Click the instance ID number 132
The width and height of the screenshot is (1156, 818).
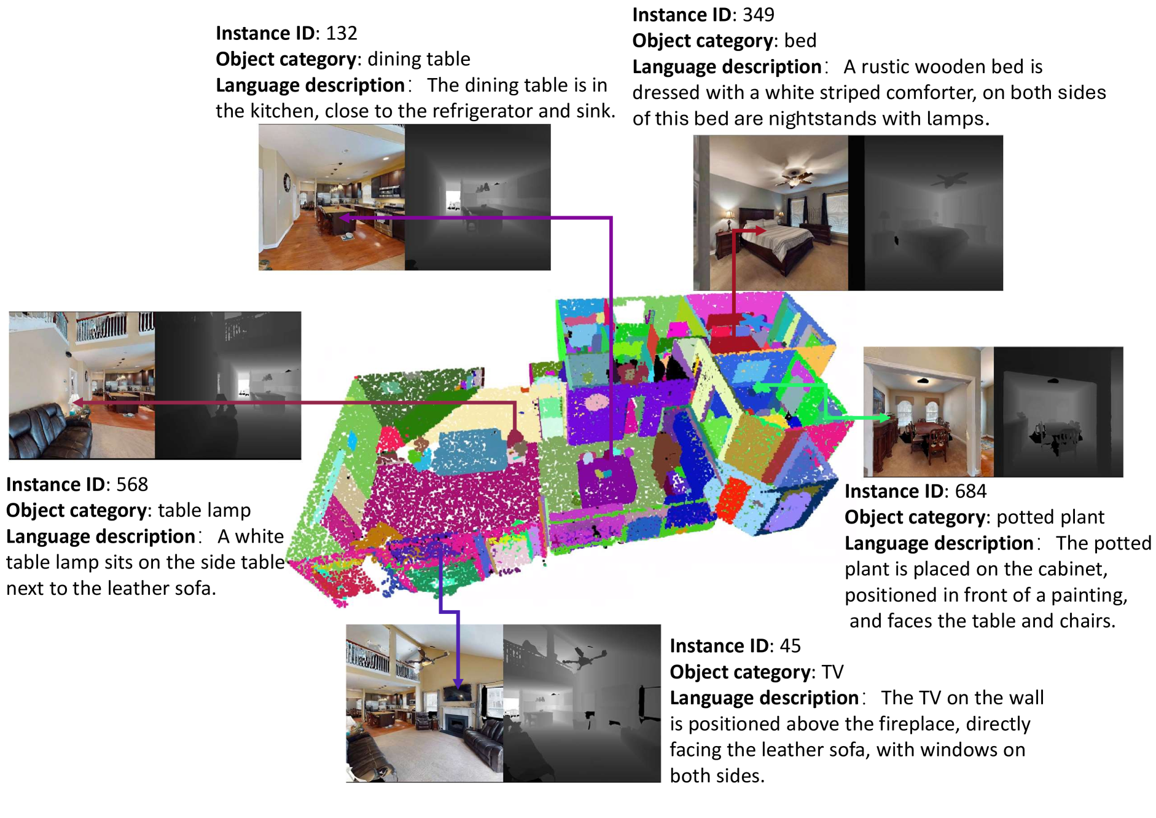click(x=342, y=33)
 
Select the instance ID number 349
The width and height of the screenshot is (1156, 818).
click(x=759, y=15)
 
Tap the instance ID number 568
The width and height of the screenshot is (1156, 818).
click(x=132, y=484)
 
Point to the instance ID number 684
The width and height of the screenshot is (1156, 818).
click(x=970, y=491)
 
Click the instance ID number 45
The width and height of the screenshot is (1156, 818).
click(x=790, y=646)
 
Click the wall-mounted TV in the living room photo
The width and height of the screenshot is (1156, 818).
click(x=458, y=693)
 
